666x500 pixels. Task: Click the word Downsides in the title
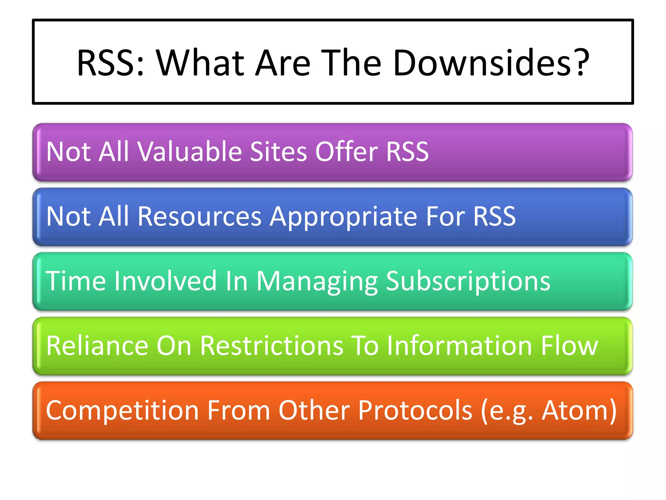pyautogui.click(x=491, y=62)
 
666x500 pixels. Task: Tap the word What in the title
pyautogui.click(x=200, y=62)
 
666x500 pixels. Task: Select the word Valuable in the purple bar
pyautogui.click(x=190, y=152)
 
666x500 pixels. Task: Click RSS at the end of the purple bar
pyautogui.click(x=407, y=152)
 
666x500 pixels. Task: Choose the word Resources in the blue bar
pyautogui.click(x=199, y=216)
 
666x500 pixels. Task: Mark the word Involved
pyautogui.click(x=165, y=281)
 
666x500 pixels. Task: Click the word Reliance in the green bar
pyautogui.click(x=97, y=345)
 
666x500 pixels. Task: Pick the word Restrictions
pyautogui.click(x=272, y=345)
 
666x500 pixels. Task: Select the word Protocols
pyautogui.click(x=415, y=410)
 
